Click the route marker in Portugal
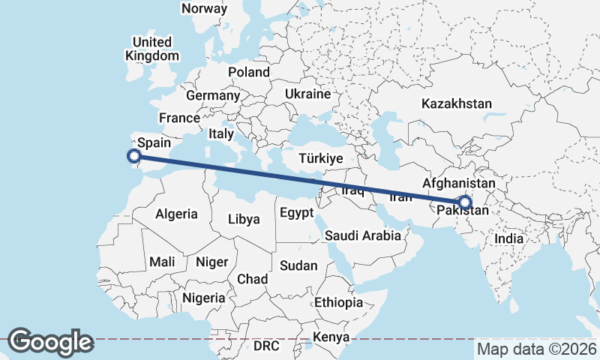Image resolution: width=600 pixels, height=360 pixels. click(x=134, y=156)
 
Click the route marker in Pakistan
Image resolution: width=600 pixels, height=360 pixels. click(x=465, y=202)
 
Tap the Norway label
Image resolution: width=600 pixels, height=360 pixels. click(x=204, y=9)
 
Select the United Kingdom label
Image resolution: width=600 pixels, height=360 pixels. click(x=152, y=49)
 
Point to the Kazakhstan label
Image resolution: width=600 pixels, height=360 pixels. click(x=457, y=103)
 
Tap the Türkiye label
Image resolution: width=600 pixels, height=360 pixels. click(x=320, y=158)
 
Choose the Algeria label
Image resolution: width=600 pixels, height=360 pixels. click(x=177, y=214)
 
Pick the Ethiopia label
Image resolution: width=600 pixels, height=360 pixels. click(x=339, y=302)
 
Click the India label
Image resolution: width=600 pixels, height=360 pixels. click(x=509, y=238)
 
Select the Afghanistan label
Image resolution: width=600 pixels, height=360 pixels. click(x=459, y=183)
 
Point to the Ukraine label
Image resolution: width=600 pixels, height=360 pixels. click(x=307, y=94)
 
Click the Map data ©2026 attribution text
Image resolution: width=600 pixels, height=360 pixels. click(x=537, y=349)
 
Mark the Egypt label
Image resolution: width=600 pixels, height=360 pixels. click(x=296, y=213)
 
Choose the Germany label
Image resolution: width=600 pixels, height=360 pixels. click(x=212, y=95)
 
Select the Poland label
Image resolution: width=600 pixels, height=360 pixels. click(x=249, y=72)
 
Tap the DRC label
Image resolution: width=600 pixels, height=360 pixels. click(x=265, y=346)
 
